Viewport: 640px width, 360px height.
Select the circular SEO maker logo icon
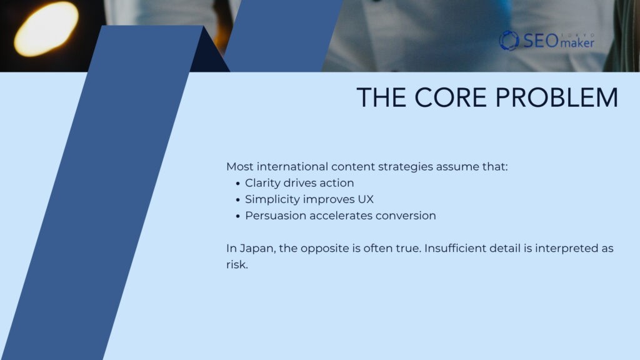pos(509,41)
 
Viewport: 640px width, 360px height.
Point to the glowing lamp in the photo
pos(46,29)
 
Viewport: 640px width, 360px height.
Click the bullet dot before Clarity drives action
pos(238,184)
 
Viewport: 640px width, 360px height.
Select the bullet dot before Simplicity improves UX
pos(238,200)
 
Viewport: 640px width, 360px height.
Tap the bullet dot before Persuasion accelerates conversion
pos(238,216)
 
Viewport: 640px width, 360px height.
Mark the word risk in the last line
pos(236,264)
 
